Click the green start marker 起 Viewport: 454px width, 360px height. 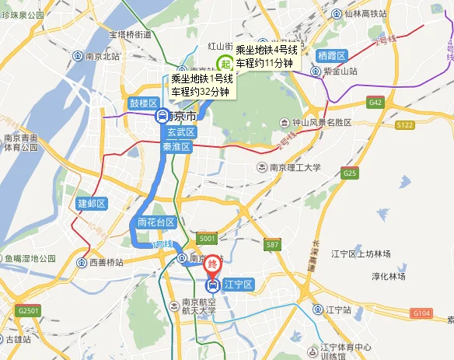225,64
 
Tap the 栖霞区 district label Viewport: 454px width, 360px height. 332,55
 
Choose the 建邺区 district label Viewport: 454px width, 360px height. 91,204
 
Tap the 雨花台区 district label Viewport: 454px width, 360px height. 157,222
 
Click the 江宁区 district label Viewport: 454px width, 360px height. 238,285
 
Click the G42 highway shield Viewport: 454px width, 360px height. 376,102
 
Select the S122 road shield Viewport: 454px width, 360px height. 404,124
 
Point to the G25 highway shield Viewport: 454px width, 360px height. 349,173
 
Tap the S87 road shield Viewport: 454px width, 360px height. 272,245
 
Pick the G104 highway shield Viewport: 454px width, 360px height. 421,313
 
